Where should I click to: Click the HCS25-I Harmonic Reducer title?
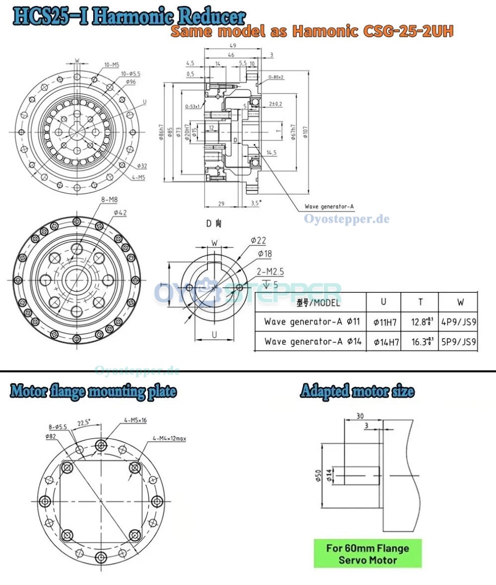tap(129, 16)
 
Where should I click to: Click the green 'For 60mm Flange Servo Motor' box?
tap(368, 553)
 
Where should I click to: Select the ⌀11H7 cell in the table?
tap(386, 322)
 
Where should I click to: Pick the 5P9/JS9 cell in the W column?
tap(459, 342)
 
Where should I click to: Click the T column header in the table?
tap(420, 302)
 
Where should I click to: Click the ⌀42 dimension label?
tap(120, 212)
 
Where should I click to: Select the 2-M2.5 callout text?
tap(271, 271)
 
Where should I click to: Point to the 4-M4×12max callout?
tap(169, 438)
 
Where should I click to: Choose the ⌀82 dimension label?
tap(50, 436)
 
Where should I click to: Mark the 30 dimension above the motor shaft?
tap(360, 416)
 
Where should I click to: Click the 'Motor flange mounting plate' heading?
tap(93, 391)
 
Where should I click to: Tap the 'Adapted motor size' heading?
tap(357, 391)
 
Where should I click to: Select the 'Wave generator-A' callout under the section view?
tap(329, 207)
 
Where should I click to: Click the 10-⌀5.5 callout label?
tap(130, 74)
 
